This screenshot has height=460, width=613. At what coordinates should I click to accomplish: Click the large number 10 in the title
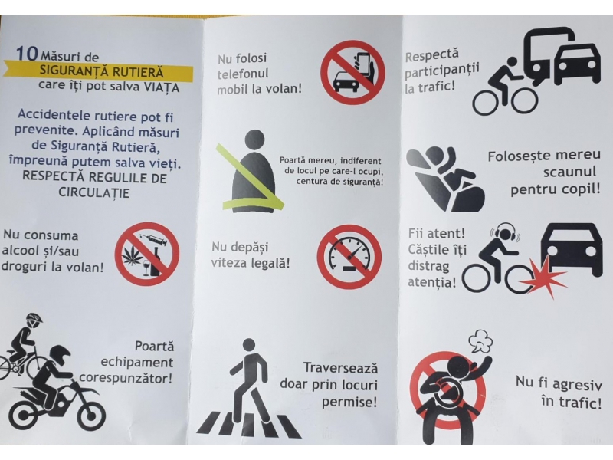(27, 54)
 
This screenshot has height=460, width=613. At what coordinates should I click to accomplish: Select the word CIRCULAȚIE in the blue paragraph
(94, 193)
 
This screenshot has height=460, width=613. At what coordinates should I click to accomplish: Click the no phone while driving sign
(352, 72)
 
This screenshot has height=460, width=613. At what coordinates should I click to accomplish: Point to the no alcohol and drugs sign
(147, 254)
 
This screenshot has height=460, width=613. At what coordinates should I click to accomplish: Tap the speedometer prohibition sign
(349, 257)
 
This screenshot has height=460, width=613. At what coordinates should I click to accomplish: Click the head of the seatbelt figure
(254, 140)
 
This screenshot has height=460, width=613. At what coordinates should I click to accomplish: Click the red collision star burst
(543, 276)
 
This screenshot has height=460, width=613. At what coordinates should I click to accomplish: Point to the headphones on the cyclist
(505, 233)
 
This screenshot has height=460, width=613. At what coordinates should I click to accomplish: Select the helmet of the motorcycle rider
(60, 356)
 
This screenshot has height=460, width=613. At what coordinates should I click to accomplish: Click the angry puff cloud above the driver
(480, 340)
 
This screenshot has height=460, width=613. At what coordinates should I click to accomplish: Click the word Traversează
(340, 368)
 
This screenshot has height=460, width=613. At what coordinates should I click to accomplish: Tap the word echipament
(137, 362)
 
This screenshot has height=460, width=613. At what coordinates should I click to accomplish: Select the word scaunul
(569, 172)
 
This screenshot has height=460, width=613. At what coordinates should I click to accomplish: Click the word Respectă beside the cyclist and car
(431, 55)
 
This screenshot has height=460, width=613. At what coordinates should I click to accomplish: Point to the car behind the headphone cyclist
(571, 251)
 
